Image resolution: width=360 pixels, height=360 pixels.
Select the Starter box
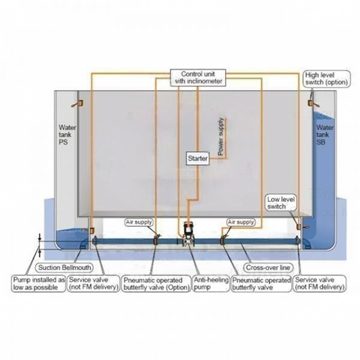coord(197,157)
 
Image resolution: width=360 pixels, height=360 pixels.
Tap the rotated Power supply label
coord(220,137)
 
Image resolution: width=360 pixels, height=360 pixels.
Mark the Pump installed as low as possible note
coord(38,283)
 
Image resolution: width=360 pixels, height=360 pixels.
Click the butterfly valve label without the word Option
coord(261,283)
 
